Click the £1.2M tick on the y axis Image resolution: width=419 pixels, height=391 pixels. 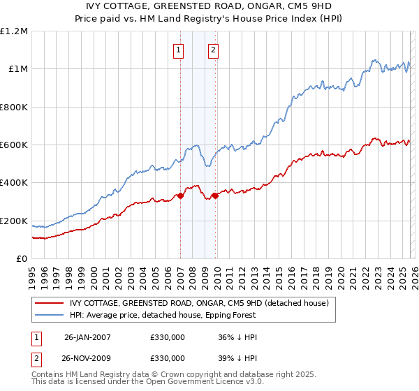pos(15,31)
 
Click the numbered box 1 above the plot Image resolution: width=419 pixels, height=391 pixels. pos(179,50)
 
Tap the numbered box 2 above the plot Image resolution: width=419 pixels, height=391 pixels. pos(213,50)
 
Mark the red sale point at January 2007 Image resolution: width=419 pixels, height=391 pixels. pos(180,195)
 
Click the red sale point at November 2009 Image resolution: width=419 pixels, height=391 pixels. pos(215,195)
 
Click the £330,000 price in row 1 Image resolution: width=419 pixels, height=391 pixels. pos(168,337)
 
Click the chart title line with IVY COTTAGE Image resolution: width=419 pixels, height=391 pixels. pos(209,7)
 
